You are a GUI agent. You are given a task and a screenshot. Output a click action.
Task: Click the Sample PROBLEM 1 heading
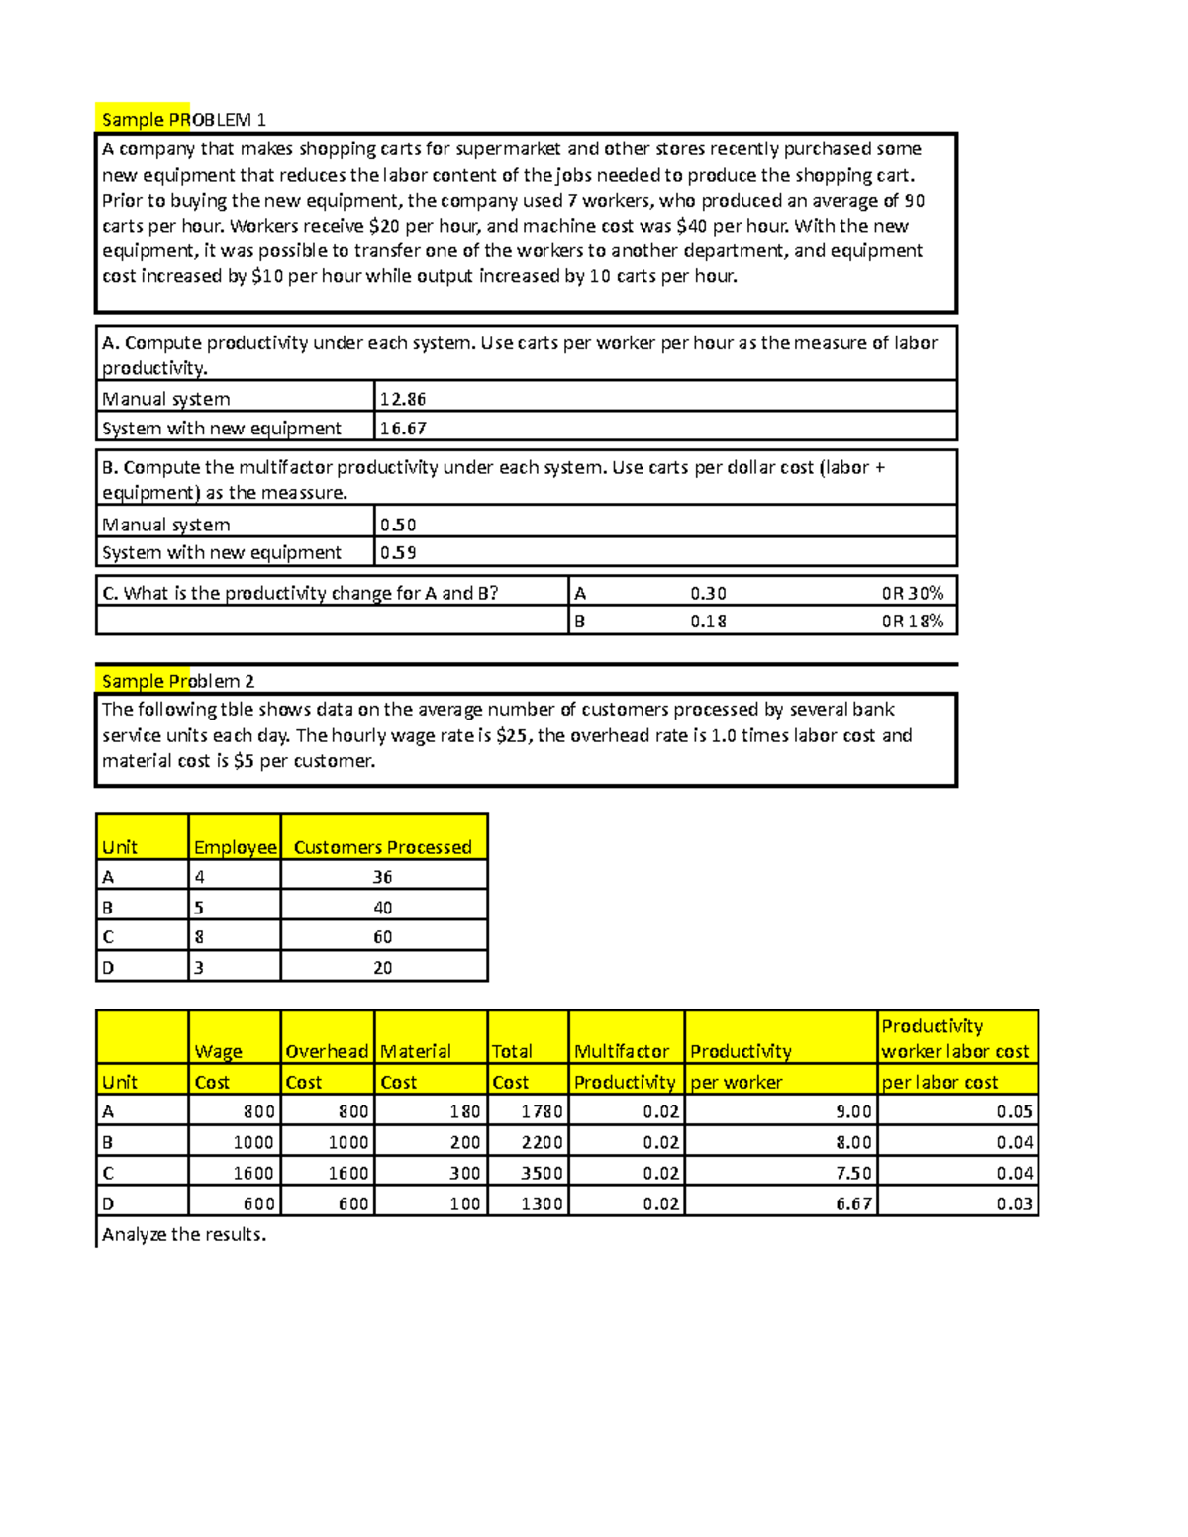coord(183,120)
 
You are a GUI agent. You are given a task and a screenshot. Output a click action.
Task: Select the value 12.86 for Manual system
coord(402,399)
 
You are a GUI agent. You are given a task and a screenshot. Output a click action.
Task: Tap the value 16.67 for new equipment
coord(402,429)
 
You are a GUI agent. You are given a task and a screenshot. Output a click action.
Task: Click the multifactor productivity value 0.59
coord(398,552)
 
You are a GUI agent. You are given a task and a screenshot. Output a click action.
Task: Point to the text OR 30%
coord(912,593)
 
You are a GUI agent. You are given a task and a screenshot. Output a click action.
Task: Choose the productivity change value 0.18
coord(708,622)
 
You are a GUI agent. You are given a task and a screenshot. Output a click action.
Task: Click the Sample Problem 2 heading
coord(177,681)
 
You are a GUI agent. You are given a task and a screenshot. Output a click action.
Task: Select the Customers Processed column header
coord(382,847)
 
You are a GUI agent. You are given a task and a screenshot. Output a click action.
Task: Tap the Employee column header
coord(235,847)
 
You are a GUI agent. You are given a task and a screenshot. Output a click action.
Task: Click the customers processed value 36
coord(382,877)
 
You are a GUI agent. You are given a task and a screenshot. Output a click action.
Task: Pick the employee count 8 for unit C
coord(199,937)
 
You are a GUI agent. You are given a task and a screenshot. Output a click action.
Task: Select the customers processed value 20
coord(382,968)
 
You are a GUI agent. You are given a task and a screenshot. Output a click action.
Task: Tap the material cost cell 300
coord(464,1173)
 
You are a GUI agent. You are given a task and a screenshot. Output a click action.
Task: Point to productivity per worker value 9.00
coord(853,1111)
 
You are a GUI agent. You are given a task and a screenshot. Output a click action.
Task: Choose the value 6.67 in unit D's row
coord(853,1203)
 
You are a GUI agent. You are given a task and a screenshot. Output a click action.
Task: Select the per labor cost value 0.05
coord(1014,1111)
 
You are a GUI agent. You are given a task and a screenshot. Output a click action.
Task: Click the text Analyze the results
coord(184,1234)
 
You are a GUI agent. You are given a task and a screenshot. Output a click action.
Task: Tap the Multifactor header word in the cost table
coord(622,1051)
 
